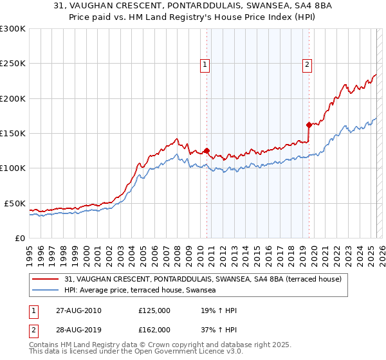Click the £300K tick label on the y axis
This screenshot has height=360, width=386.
click(x=13, y=29)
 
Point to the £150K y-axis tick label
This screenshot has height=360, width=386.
click(x=13, y=134)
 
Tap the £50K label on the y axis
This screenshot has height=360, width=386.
click(x=15, y=203)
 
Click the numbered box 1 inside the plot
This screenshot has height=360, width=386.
click(x=205, y=64)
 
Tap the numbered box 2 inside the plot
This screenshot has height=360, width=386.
click(x=308, y=64)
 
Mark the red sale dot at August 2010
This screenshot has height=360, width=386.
click(x=207, y=151)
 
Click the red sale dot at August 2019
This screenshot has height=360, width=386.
click(x=309, y=125)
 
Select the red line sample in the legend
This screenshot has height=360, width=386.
click(x=46, y=279)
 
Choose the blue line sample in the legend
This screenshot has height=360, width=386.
click(x=46, y=291)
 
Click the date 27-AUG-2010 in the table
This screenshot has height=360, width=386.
click(x=80, y=311)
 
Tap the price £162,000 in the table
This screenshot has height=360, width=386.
click(x=154, y=329)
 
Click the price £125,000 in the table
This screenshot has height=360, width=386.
click(x=154, y=311)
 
